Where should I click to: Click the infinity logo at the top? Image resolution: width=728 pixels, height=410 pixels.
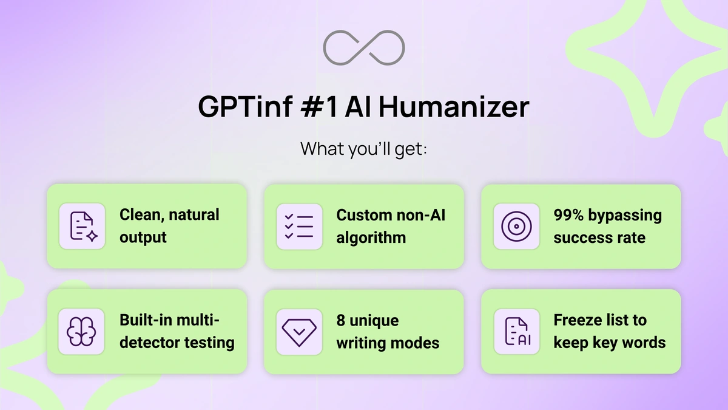[x=364, y=46]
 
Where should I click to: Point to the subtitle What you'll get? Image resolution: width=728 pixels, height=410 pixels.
[x=363, y=149]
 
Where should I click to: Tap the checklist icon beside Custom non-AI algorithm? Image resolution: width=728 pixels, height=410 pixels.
[x=299, y=227]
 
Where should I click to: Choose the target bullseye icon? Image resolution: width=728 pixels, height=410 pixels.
[x=516, y=227]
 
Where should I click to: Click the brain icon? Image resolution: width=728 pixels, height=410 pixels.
[x=81, y=332]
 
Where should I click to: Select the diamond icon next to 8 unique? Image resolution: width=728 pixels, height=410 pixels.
[x=299, y=332]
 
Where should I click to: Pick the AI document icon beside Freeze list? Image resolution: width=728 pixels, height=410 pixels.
[x=516, y=332]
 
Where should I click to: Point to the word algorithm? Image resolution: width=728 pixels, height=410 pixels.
[x=371, y=237]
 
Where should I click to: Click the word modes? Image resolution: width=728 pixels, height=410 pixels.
[x=416, y=343]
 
